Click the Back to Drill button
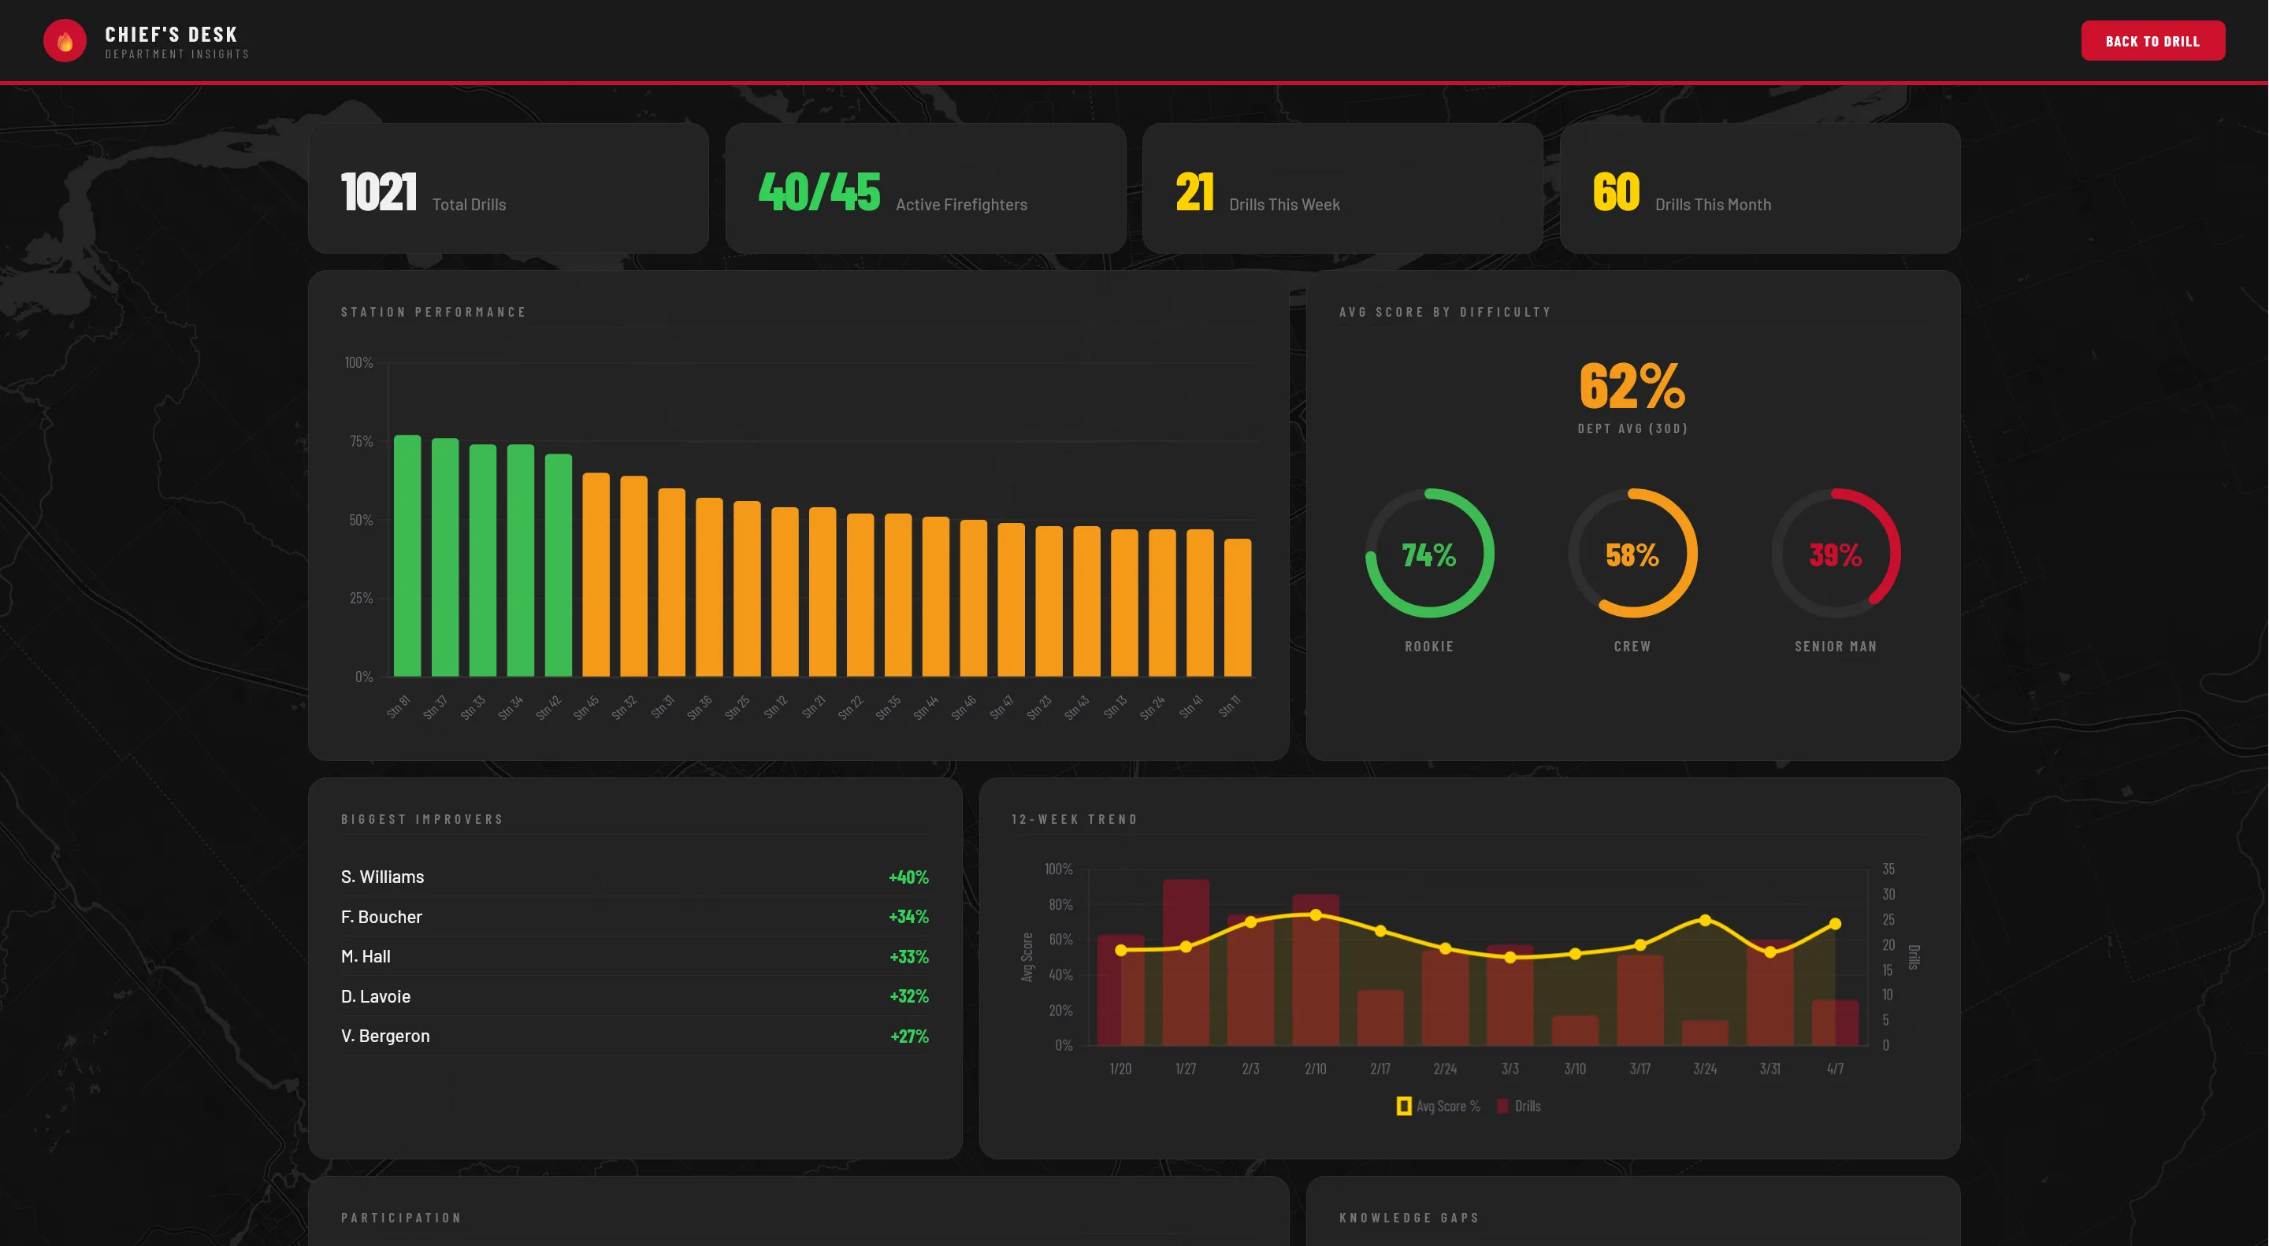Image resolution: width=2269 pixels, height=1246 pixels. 2152,40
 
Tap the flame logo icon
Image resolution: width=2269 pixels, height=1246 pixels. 65,40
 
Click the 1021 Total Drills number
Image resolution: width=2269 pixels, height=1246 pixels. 378,192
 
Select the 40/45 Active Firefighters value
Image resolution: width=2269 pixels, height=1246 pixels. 819,192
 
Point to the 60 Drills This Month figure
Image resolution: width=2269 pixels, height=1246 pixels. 1615,192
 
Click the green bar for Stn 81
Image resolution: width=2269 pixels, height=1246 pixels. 407,557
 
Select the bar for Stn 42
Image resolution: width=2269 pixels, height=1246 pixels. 559,566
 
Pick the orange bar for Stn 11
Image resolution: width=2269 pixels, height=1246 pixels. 1238,607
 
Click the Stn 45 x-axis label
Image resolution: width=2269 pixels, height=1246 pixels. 585,706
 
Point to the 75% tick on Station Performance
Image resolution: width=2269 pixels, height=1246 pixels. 361,441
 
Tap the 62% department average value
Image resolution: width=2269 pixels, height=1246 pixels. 1632,386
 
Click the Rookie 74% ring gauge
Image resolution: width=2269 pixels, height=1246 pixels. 1428,554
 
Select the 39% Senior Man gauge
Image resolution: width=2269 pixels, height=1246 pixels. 1836,554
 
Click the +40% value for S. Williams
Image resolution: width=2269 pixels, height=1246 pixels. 908,877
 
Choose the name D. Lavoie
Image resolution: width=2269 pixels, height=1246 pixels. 375,996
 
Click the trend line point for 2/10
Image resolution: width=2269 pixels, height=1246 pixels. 1315,915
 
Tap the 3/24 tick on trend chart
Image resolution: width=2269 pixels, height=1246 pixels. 1704,1068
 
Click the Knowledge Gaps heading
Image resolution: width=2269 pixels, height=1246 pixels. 1409,1218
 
